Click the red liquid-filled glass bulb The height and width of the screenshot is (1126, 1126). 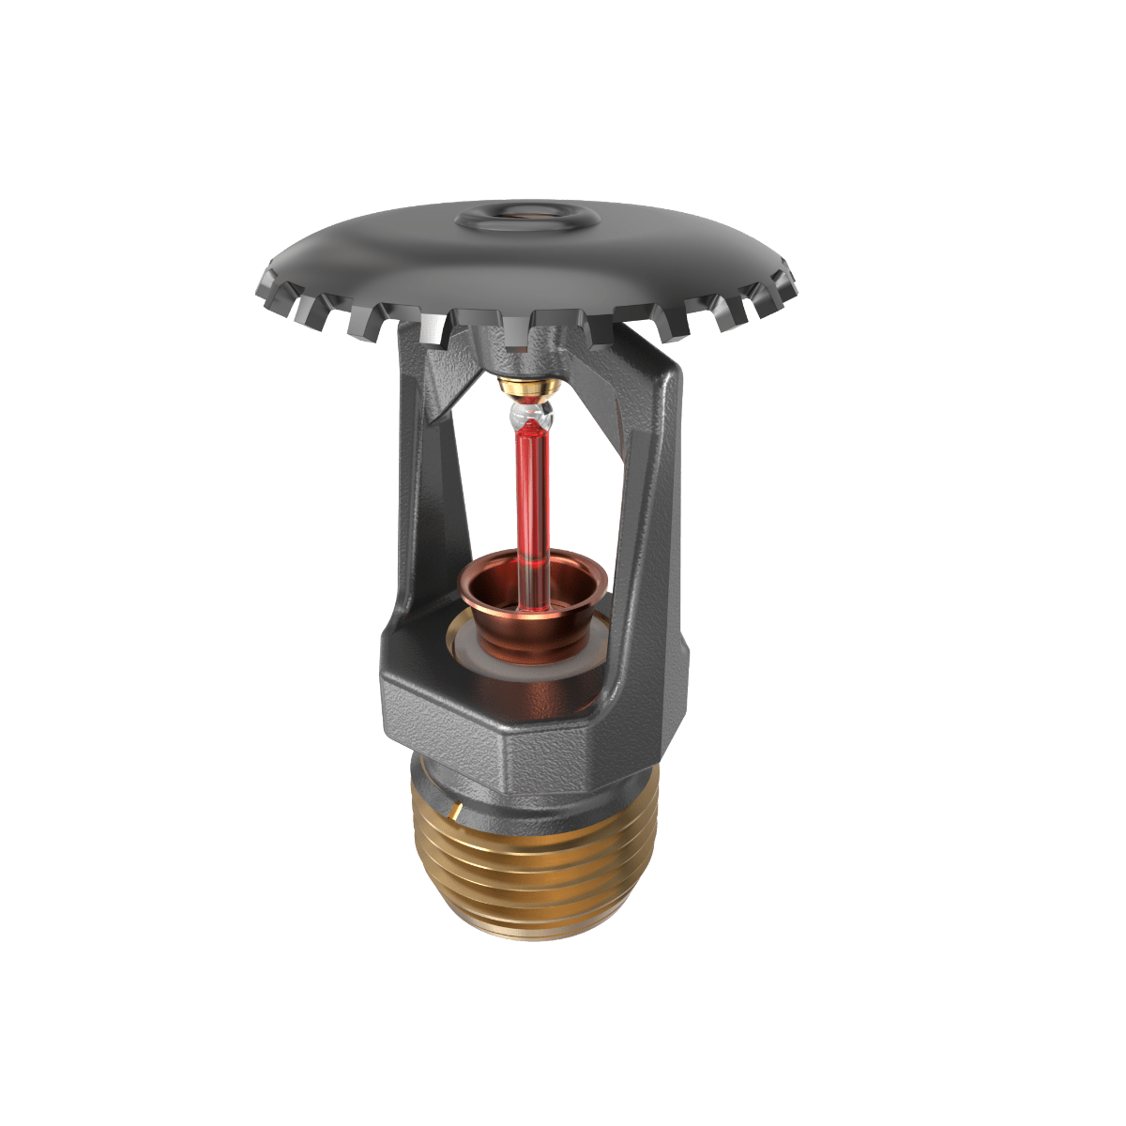[x=531, y=488]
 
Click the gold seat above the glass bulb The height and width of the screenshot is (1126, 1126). [x=529, y=385]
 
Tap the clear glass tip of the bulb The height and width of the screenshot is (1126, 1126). [x=530, y=411]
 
